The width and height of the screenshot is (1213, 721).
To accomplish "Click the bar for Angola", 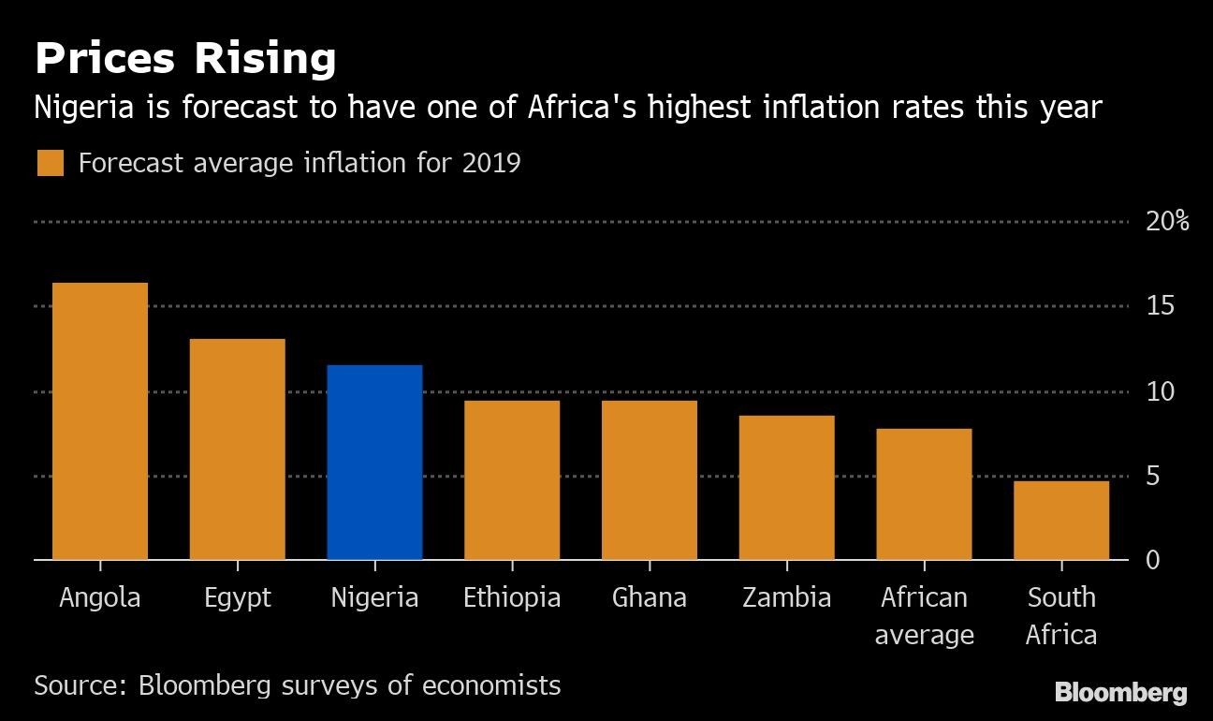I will click(100, 421).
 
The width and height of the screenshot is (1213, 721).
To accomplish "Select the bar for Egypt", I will click(237, 449).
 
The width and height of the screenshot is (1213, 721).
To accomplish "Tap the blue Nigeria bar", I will click(374, 463).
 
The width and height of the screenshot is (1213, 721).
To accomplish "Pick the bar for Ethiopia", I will click(512, 480).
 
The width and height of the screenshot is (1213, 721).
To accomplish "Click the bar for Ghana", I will click(650, 480).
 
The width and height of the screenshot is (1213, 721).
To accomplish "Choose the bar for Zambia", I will click(786, 488).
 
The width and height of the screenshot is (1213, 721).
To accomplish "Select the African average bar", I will click(924, 494).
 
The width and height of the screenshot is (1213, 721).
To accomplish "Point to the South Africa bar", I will click(1061, 521).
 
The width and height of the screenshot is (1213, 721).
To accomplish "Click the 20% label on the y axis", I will click(1167, 222).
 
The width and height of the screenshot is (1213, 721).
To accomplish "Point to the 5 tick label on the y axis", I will click(1153, 477).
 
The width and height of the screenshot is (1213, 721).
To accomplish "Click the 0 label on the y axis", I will click(1153, 560).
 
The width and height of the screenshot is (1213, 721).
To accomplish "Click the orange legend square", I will click(51, 163).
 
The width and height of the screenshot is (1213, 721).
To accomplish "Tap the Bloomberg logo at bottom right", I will click(1120, 693).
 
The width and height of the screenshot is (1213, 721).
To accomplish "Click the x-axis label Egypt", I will click(237, 597).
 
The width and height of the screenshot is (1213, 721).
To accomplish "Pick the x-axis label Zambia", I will click(786, 597).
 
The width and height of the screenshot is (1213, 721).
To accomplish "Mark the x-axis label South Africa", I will click(1061, 616).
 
